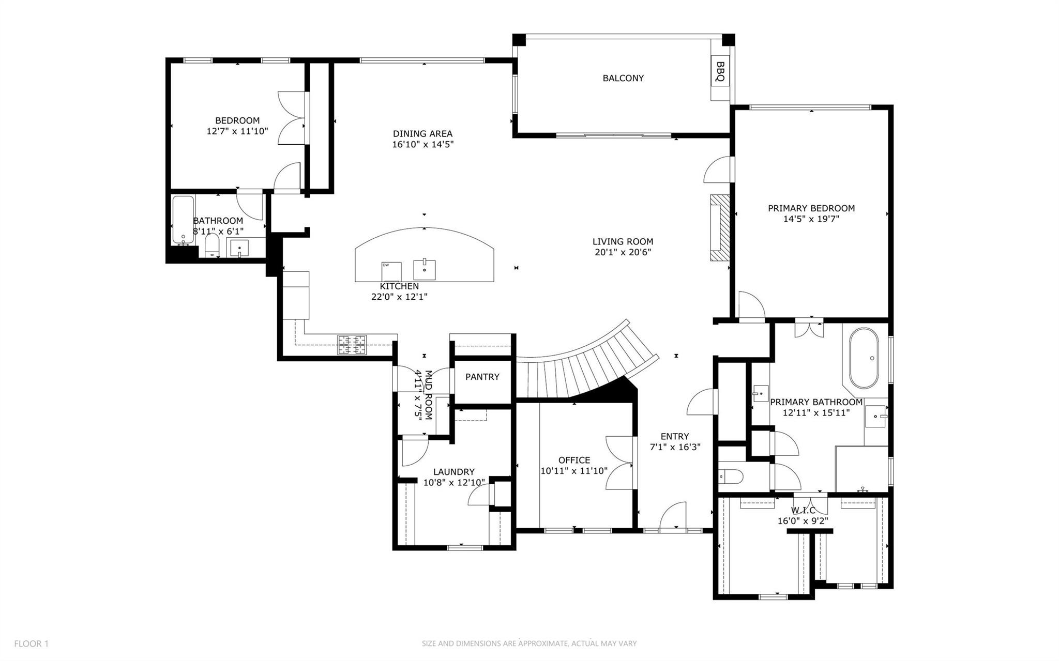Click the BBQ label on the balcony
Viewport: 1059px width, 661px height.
pyautogui.click(x=720, y=72)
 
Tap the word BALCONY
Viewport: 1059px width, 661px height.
pyautogui.click(x=623, y=78)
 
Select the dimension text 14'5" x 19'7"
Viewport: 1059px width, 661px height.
pyautogui.click(x=811, y=219)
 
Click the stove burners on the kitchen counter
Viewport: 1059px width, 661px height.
pyautogui.click(x=352, y=345)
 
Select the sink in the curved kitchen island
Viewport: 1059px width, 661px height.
pyautogui.click(x=424, y=269)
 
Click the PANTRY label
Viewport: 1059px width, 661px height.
pyautogui.click(x=482, y=377)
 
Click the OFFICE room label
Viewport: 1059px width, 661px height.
pyautogui.click(x=574, y=460)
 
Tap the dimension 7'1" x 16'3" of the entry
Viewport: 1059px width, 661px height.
pyautogui.click(x=675, y=447)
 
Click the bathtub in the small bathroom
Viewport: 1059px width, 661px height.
pyautogui.click(x=182, y=220)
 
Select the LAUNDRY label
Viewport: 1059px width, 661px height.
pyautogui.click(x=453, y=472)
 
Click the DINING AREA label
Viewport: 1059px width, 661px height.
pyautogui.click(x=422, y=133)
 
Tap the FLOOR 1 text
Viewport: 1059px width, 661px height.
pyautogui.click(x=31, y=643)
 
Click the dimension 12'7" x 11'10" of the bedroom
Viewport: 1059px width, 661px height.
pyautogui.click(x=237, y=131)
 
